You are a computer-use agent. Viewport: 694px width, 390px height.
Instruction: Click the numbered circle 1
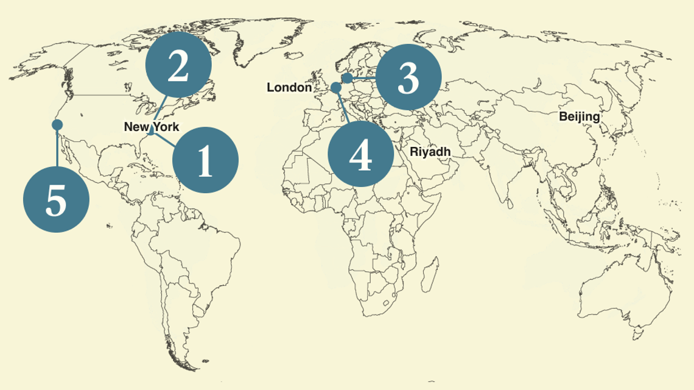pyautogui.click(x=205, y=160)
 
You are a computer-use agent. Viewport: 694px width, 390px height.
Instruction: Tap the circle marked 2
pyautogui.click(x=178, y=65)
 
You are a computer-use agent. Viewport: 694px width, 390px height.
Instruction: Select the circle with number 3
pyautogui.click(x=408, y=77)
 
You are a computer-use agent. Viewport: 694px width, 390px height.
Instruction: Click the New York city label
pyautogui.click(x=152, y=127)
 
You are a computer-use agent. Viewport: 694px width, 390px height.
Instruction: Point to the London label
pyautogui.click(x=289, y=88)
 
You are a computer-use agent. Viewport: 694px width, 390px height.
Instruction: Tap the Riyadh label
pyautogui.click(x=430, y=151)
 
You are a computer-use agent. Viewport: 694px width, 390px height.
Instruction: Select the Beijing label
pyautogui.click(x=579, y=116)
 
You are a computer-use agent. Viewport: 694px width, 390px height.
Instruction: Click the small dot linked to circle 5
pyautogui.click(x=57, y=125)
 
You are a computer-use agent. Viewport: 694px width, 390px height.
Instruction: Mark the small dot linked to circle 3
pyautogui.click(x=347, y=78)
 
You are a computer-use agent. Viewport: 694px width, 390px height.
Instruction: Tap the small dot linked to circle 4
pyautogui.click(x=336, y=88)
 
